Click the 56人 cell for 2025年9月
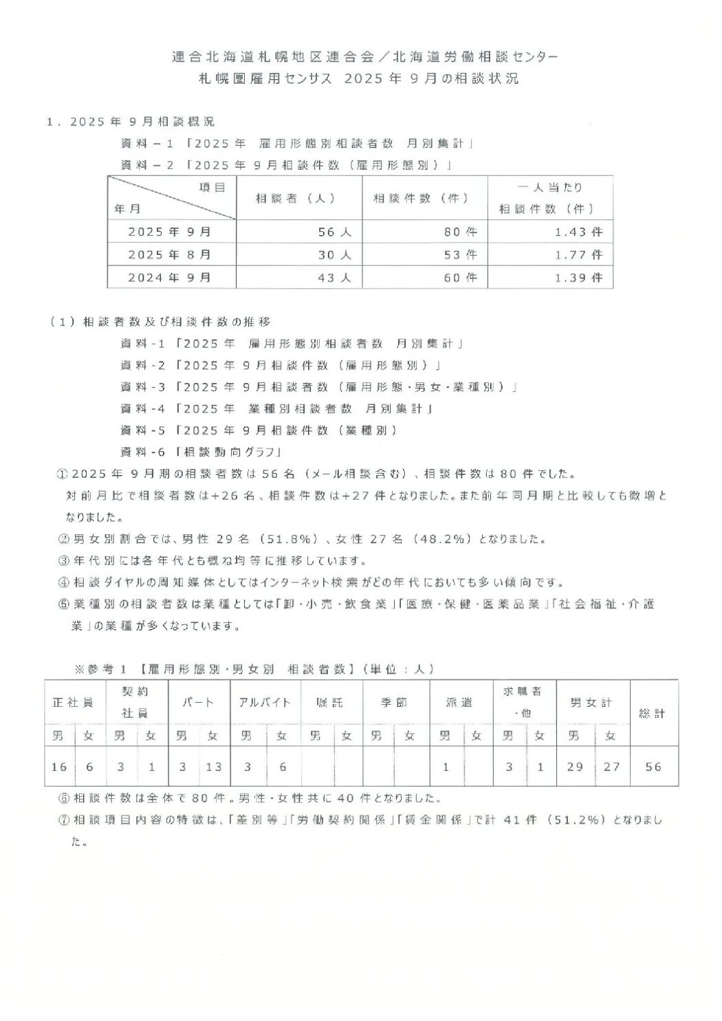[335, 232]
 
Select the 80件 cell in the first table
[460, 232]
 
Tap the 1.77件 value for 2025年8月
[578, 255]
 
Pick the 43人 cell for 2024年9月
[335, 278]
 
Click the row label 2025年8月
[170, 255]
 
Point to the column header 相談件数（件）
[421, 198]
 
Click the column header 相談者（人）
[295, 198]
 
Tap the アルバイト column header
[265, 703]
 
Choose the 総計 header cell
[652, 714]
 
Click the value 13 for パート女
[213, 767]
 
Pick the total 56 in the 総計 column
[653, 767]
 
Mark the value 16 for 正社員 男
[59, 767]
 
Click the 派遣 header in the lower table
[459, 703]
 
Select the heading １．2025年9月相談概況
[131, 122]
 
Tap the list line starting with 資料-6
[202, 452]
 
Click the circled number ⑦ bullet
[63, 820]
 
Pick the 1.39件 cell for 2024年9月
[578, 278]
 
